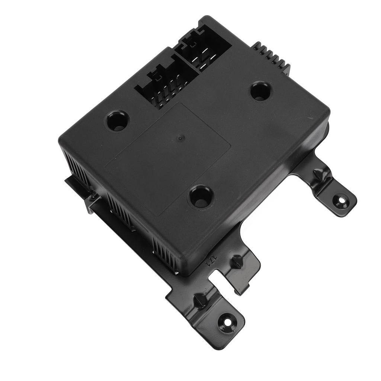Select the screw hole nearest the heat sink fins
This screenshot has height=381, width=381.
(x=260, y=91)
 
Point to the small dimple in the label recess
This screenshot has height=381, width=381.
(x=180, y=138)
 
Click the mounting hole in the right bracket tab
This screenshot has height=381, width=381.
(x=340, y=201)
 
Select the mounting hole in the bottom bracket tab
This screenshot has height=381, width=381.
(x=226, y=320)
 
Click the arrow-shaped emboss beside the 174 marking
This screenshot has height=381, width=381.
(x=236, y=262)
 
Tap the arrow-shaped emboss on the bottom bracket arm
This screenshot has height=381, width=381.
(x=199, y=300)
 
